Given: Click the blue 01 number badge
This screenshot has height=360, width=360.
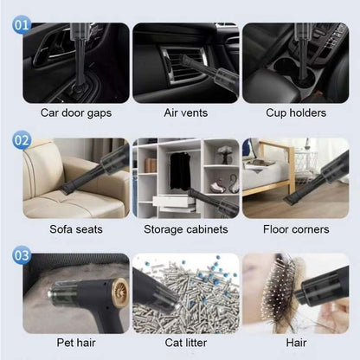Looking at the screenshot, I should (x=22, y=26).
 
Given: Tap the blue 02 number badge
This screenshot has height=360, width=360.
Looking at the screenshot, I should (x=22, y=139).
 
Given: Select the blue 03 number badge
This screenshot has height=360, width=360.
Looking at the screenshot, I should (x=22, y=254).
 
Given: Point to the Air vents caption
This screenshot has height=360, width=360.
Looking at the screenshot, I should (x=184, y=112).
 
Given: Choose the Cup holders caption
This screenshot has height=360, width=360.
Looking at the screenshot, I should (x=294, y=112).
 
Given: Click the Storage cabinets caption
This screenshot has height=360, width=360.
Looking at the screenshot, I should (x=184, y=229).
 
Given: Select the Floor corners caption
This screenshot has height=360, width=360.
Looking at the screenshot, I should (x=294, y=229).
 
